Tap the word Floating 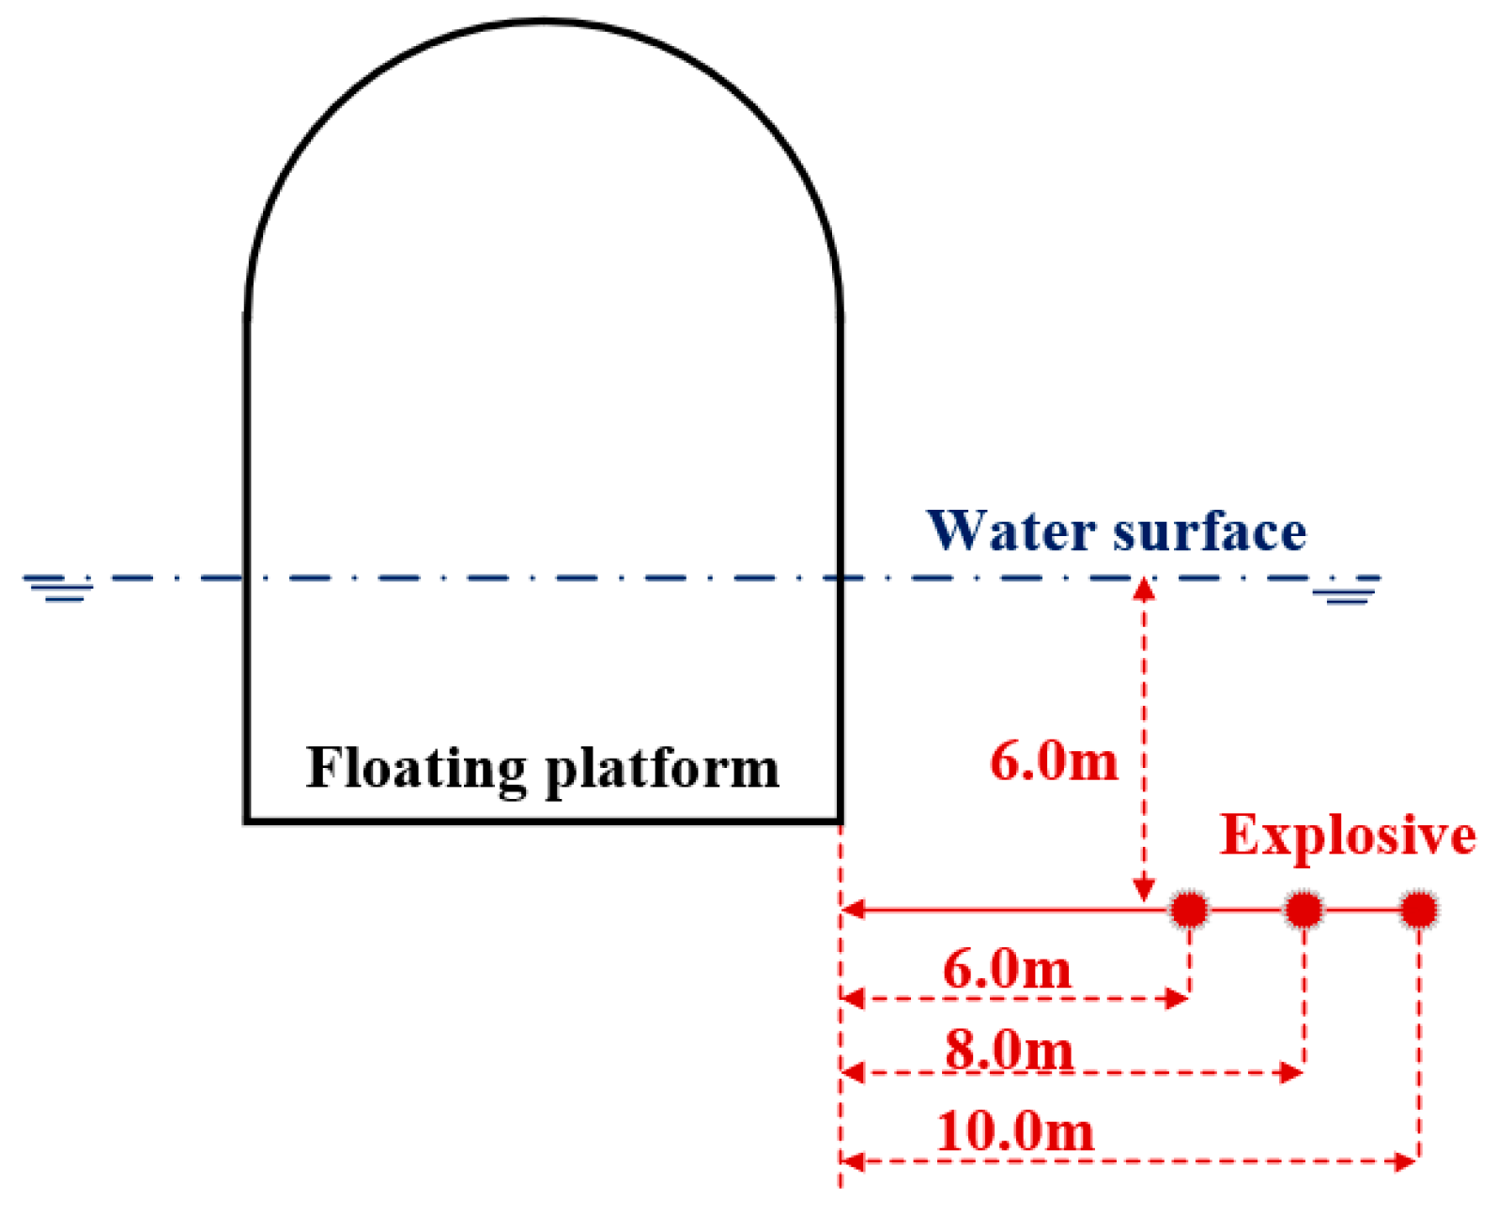click(416, 769)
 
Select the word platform click(662, 769)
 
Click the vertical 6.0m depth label click(1054, 760)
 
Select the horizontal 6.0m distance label click(1007, 969)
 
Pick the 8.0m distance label click(1009, 1049)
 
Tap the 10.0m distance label click(1015, 1131)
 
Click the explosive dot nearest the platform click(1189, 909)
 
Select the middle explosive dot click(1304, 909)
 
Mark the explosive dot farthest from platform click(1418, 909)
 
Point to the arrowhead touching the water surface click(1143, 590)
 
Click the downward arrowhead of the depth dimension click(1143, 890)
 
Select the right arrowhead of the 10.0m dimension click(1407, 1162)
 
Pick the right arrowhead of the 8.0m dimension click(1292, 1072)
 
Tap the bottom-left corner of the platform click(247, 821)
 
